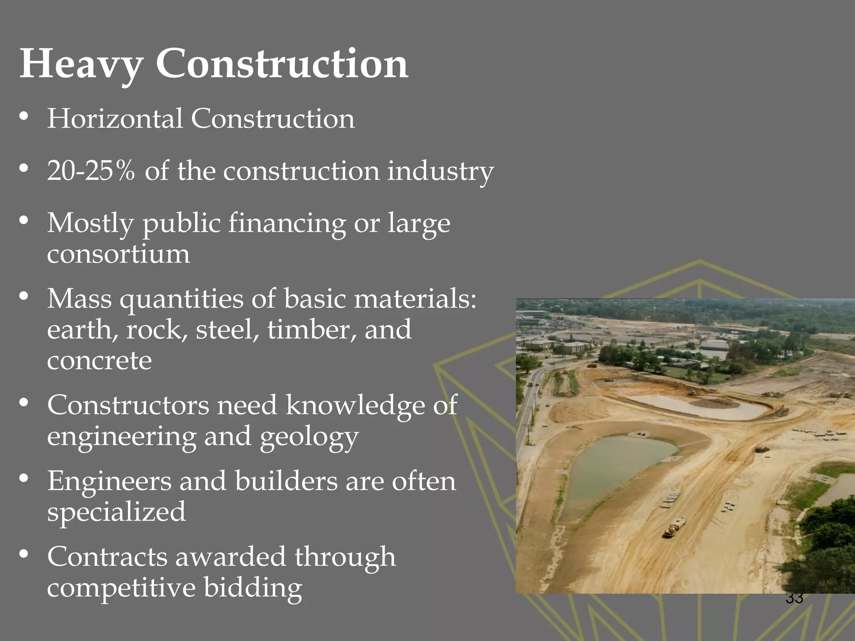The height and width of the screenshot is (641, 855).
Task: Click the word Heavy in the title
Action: tap(81, 65)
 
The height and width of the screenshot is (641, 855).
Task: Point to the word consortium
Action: tap(119, 254)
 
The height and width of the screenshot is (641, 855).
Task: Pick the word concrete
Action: tap(99, 361)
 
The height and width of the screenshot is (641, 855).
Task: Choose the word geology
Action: tap(309, 437)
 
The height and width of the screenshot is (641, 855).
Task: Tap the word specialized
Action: tap(116, 512)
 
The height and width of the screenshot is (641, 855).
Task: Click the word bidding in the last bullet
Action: tap(253, 588)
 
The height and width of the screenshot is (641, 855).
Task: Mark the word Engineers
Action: tap(109, 482)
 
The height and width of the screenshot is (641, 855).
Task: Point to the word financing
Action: tap(287, 224)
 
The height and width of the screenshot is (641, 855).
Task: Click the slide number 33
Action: tap(794, 598)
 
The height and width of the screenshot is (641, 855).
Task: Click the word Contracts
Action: tap(107, 557)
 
